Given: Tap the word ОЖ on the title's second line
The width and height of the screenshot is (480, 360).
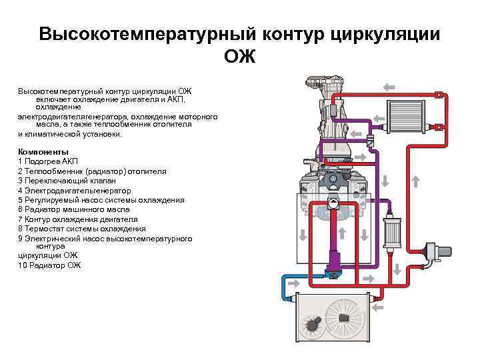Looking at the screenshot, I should (239, 57).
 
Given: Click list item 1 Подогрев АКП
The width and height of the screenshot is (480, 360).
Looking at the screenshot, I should (48, 162).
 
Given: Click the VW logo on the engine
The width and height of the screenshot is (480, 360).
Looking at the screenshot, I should (333, 178).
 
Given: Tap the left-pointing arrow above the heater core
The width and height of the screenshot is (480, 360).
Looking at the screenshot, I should (389, 87).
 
